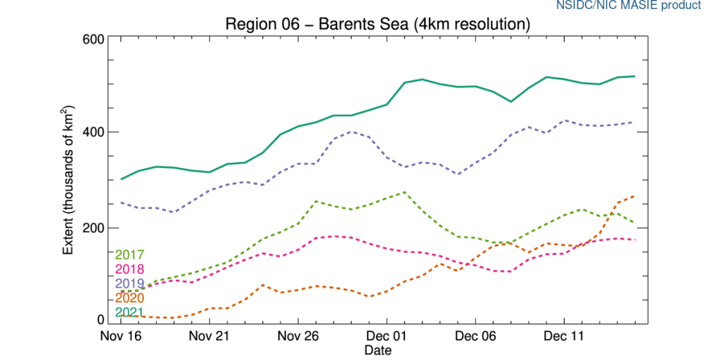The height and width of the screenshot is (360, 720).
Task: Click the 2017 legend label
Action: click(129, 255)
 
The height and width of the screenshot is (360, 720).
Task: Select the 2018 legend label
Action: click(129, 269)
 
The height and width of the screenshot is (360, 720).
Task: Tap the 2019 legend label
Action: click(129, 284)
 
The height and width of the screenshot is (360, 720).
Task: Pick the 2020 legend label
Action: click(129, 299)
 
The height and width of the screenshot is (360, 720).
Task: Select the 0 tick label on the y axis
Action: click(101, 321)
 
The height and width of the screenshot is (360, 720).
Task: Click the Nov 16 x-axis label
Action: click(122, 336)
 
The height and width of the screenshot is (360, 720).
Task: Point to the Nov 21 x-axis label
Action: click(210, 336)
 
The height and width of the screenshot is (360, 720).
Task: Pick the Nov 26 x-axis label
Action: click(299, 336)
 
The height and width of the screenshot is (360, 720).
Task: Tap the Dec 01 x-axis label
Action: click(387, 336)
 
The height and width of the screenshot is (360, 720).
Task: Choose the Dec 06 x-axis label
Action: click(476, 336)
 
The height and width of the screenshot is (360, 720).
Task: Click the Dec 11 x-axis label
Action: click(565, 336)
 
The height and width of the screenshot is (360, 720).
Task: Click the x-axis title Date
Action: click(378, 349)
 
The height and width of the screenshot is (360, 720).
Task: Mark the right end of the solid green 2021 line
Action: click(635, 76)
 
